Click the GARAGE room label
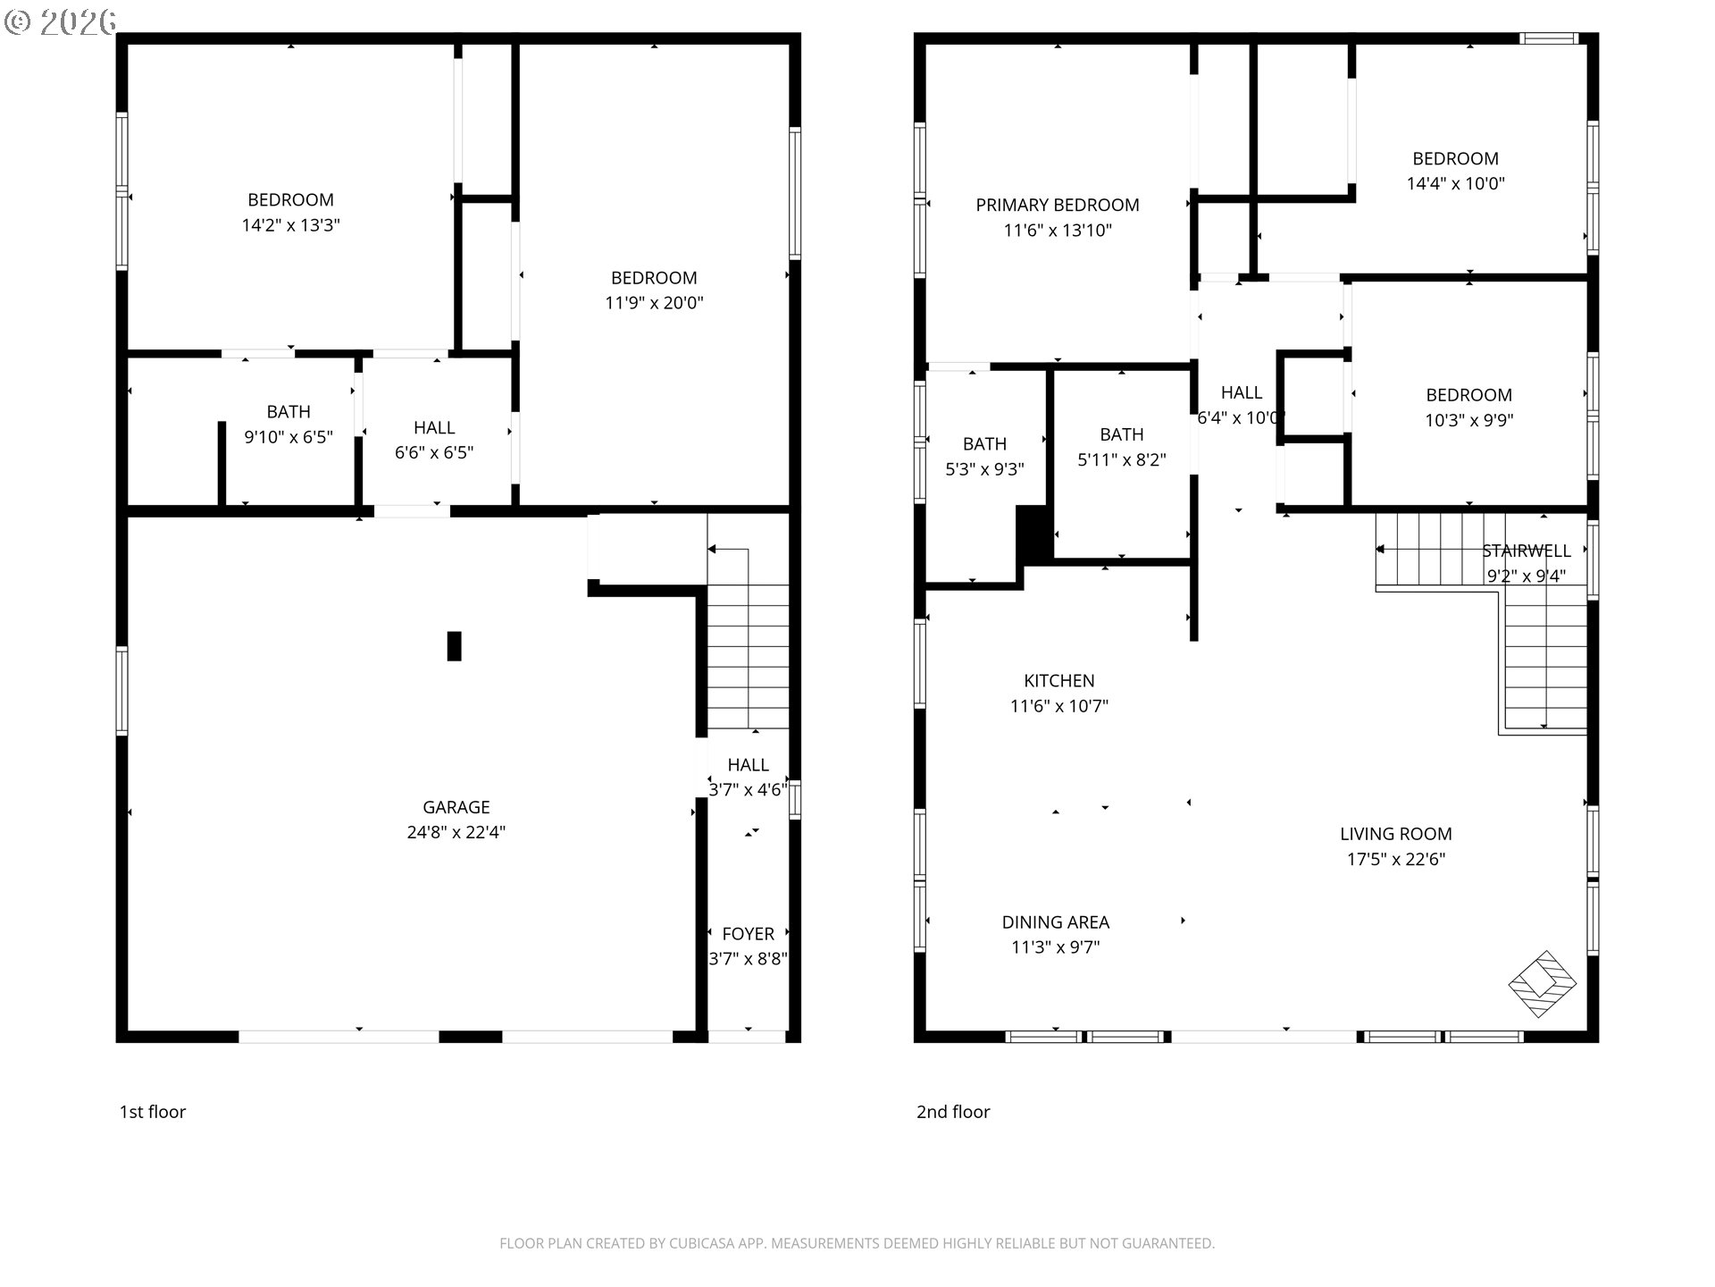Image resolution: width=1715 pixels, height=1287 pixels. coord(456,807)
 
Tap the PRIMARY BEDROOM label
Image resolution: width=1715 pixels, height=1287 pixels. coord(1058,205)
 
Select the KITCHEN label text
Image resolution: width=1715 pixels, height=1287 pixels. coord(1059,680)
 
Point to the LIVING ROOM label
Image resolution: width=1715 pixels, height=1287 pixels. coord(1396,834)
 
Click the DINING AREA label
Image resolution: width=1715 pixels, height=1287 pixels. coord(1056,921)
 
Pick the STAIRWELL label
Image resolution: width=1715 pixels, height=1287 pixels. coord(1527,551)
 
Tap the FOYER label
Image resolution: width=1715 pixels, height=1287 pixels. coord(749,934)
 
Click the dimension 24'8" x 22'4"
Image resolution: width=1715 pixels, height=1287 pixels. coord(456,832)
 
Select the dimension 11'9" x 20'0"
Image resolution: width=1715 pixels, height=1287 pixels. coord(655,303)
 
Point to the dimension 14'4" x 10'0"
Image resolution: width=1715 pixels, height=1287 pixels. coord(1456,183)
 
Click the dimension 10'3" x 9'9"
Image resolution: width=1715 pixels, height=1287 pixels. coord(1469,420)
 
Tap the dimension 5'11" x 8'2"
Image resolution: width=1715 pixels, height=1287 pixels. coord(1122,459)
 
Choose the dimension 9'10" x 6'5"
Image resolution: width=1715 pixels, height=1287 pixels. coord(289,437)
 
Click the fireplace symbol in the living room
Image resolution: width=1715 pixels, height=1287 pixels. coord(1543,983)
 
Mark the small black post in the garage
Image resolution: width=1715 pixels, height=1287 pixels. coord(454,646)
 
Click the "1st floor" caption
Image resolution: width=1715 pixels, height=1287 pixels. coord(153,1112)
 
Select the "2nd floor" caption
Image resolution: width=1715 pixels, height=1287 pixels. coord(953,1112)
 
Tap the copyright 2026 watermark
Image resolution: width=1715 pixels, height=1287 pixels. coord(61,21)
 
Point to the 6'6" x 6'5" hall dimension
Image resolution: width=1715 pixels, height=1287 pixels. coord(434,453)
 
